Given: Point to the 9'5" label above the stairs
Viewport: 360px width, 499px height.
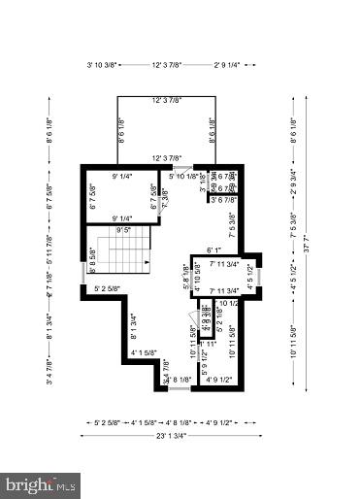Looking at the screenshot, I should pyautogui.click(x=124, y=231).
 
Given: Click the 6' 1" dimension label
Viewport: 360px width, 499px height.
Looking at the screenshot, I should pyautogui.click(x=215, y=249).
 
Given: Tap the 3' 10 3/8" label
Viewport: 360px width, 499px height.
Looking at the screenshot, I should pyautogui.click(x=103, y=65).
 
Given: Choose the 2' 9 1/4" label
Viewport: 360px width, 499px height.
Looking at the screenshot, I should pyautogui.click(x=234, y=65).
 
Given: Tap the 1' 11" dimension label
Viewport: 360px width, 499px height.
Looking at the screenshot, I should pyautogui.click(x=206, y=344).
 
